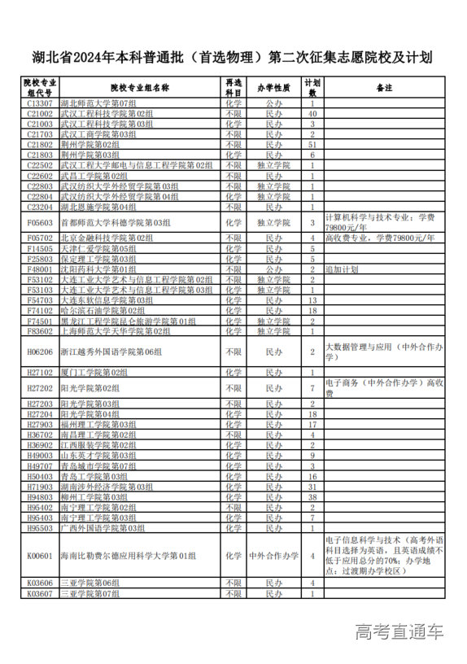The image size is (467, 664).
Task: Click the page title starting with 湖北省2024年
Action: [x=233, y=58]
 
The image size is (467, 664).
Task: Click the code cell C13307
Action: [x=40, y=103]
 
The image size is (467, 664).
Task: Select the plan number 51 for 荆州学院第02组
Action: [x=312, y=144]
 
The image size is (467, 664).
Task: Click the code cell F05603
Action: [x=40, y=222]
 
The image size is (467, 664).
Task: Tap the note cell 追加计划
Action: [x=342, y=269]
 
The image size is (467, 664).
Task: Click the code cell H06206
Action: [x=40, y=352]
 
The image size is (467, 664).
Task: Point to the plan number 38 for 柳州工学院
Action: [x=312, y=496]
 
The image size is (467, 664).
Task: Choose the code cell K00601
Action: [x=40, y=556]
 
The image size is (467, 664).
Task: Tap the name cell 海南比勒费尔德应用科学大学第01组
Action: [x=128, y=556]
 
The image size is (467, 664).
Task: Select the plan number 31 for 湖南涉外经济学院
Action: [x=312, y=487]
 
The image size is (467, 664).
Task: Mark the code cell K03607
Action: [x=40, y=593]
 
